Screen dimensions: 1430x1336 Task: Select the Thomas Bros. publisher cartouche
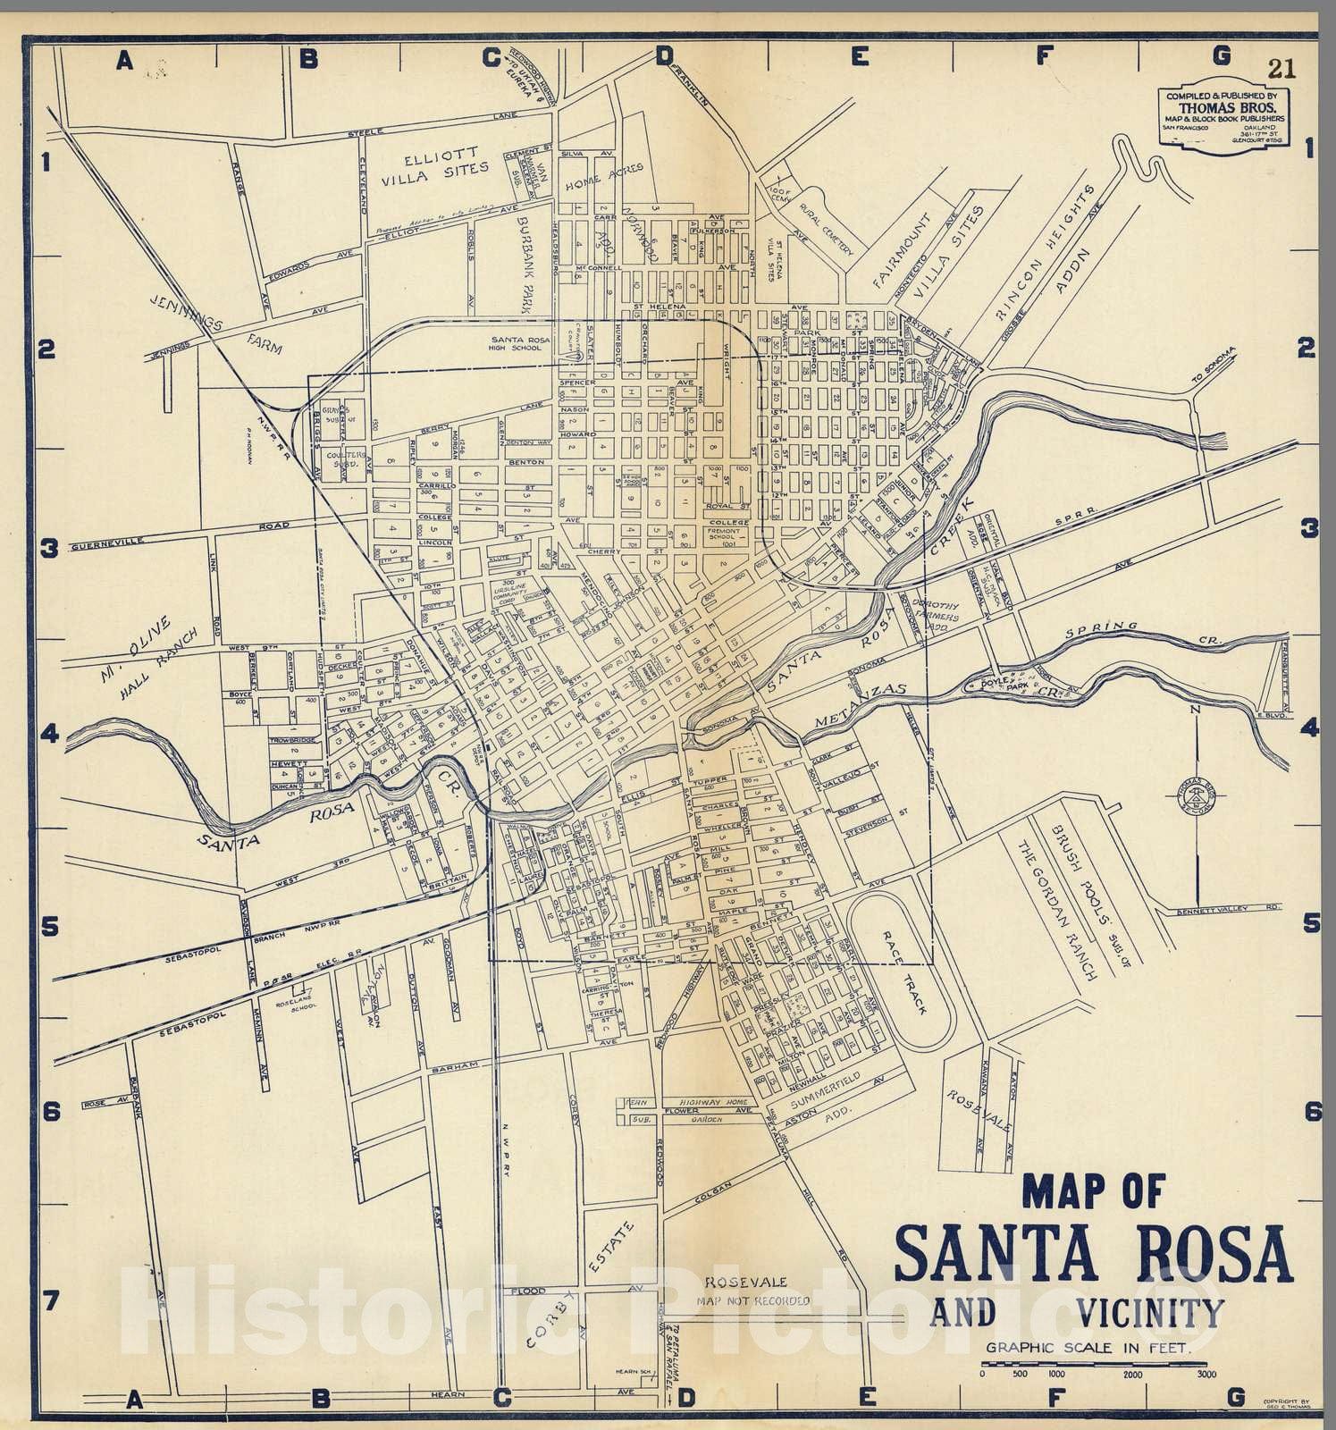(1223, 119)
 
